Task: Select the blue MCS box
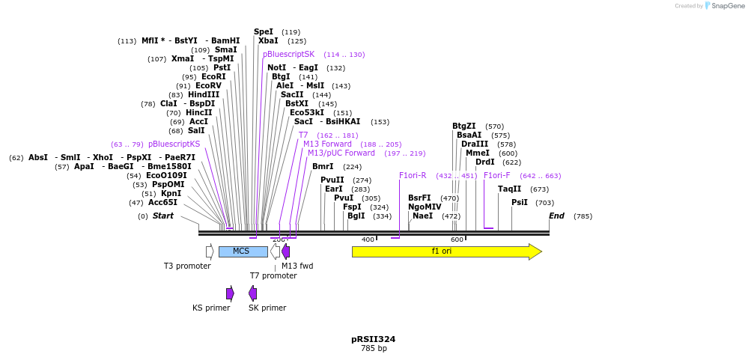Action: tap(242, 251)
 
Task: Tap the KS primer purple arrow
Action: tap(230, 293)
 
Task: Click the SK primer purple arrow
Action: tap(253, 293)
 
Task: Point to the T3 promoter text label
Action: tap(187, 266)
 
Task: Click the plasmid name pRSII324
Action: tap(373, 339)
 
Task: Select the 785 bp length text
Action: tap(373, 349)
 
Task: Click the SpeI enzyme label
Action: tap(264, 32)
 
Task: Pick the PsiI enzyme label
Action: tap(519, 202)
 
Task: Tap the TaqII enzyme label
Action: tap(509, 189)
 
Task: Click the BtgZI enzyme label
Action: tap(463, 126)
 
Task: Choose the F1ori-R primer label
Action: tap(413, 176)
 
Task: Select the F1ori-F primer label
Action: tap(497, 176)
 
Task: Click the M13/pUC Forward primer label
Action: tap(341, 153)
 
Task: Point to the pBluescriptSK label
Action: tap(288, 55)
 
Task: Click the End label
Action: tap(556, 216)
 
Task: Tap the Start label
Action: tap(162, 216)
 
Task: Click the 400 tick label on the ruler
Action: tap(368, 240)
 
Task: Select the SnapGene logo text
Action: tap(727, 6)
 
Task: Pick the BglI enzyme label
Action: tap(356, 216)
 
